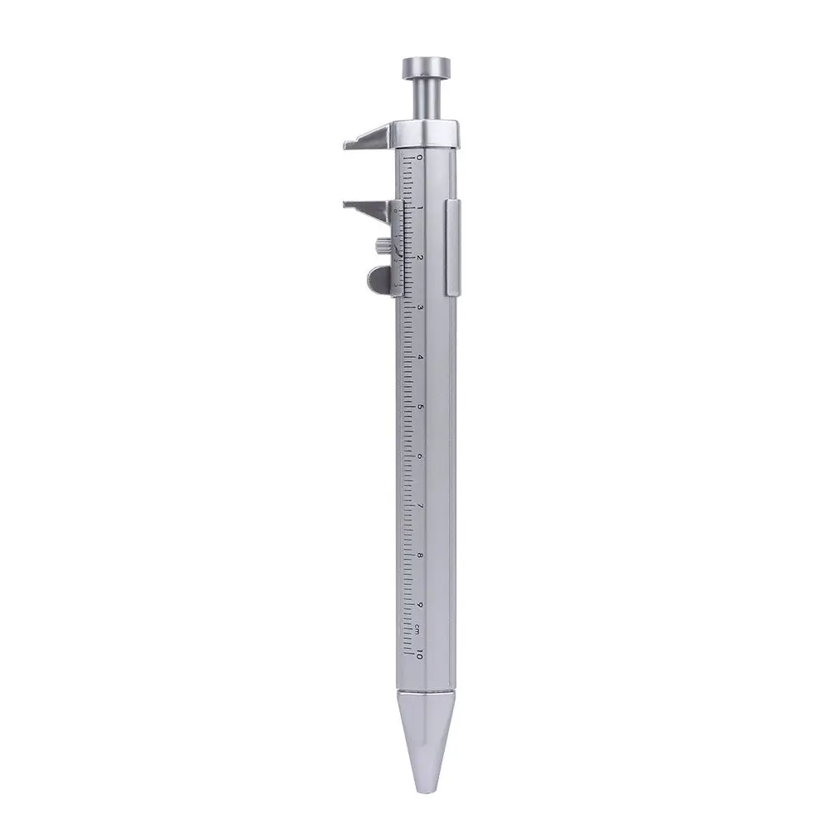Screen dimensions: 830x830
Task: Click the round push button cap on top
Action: click(427, 66)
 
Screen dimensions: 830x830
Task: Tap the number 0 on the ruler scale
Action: click(420, 157)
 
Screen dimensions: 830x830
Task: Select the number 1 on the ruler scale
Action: click(420, 207)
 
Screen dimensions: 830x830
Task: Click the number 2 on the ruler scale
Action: click(420, 257)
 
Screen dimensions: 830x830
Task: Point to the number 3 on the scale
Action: click(420, 307)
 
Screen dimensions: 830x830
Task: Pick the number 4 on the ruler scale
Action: click(420, 357)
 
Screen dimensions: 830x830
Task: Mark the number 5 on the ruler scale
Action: click(420, 407)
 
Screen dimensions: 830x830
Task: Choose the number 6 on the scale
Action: click(420, 456)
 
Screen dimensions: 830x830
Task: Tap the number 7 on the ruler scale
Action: click(420, 506)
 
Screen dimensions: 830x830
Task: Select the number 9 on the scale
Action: click(420, 605)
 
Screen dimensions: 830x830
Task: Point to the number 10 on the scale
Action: click(420, 655)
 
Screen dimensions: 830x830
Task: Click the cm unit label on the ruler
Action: click(420, 627)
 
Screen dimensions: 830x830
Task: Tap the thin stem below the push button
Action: click(427, 100)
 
